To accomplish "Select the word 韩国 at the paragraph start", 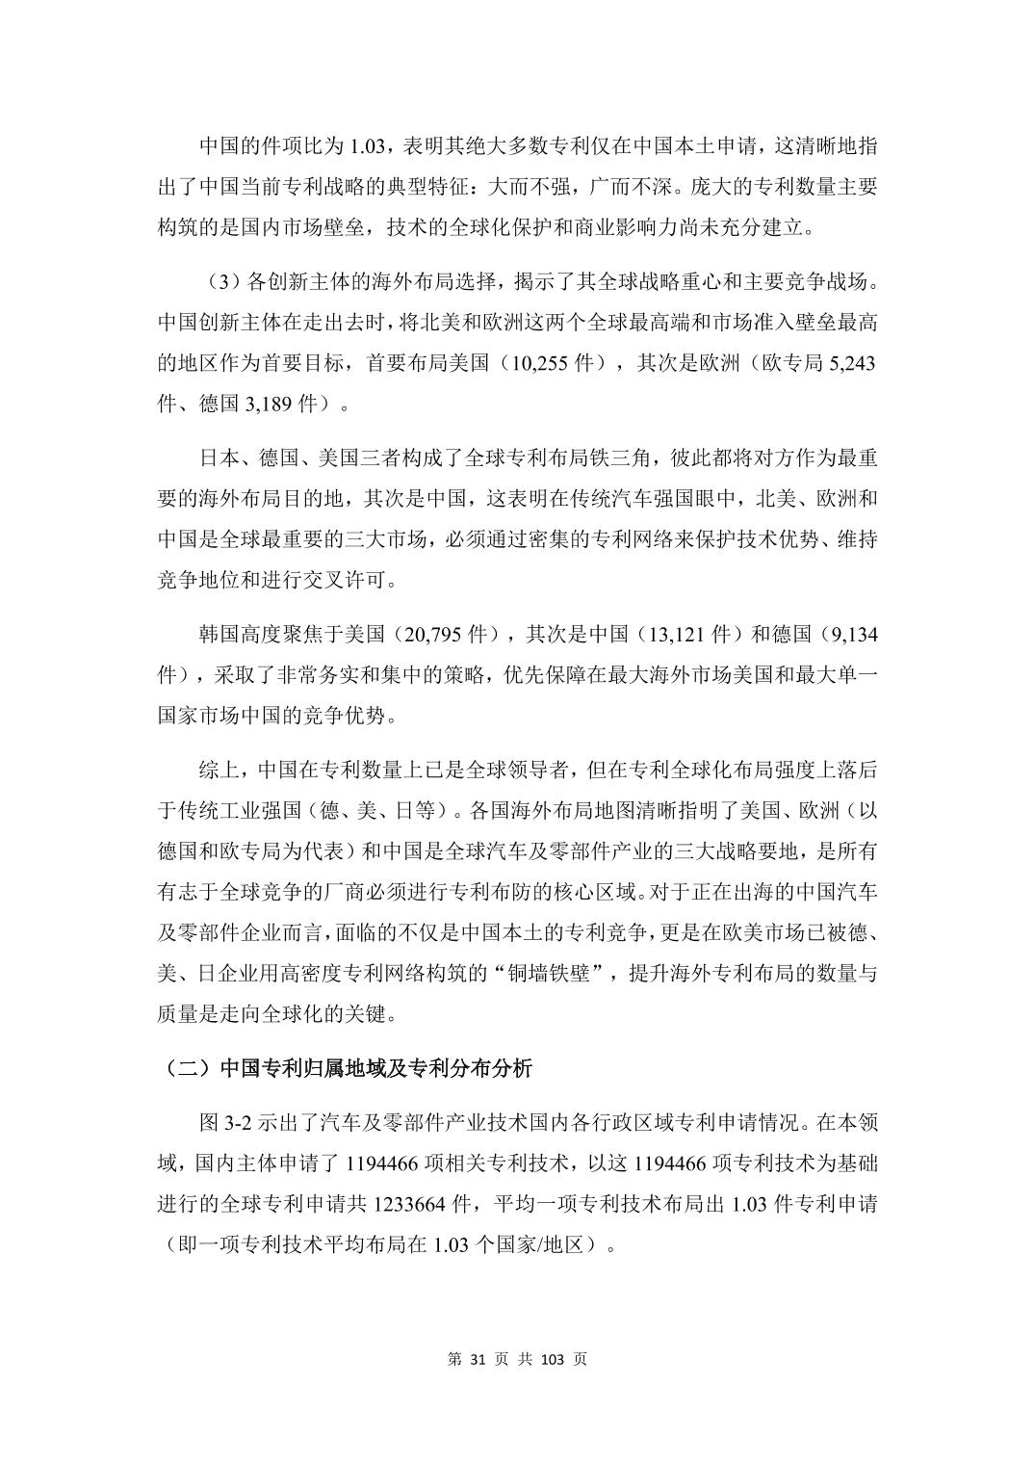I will pos(220,636).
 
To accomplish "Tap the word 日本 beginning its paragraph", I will pos(220,457).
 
